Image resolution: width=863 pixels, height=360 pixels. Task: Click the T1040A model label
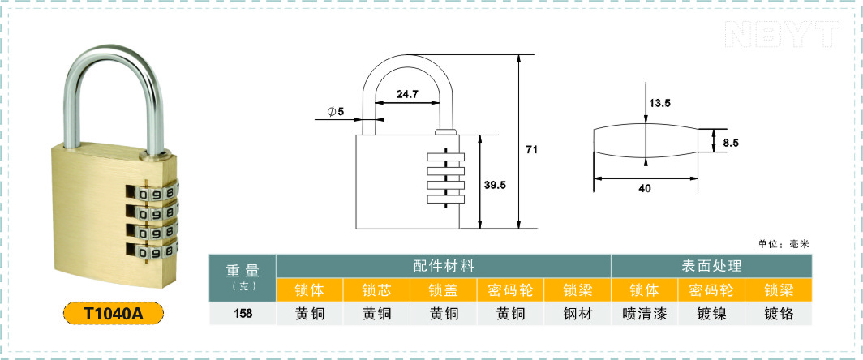tap(114, 313)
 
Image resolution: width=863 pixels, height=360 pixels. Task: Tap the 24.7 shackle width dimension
tap(408, 94)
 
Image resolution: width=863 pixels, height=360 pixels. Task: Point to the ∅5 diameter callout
tap(335, 112)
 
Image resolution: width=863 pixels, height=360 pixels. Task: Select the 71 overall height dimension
tap(531, 149)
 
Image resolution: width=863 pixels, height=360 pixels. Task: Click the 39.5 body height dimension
tap(495, 185)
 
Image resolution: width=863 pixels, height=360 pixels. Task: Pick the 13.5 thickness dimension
tap(660, 103)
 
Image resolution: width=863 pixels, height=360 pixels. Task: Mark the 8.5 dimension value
tap(731, 144)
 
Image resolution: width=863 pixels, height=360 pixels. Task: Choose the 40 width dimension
tap(645, 188)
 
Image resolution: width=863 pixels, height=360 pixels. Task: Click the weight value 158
tap(243, 315)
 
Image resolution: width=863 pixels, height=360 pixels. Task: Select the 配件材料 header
tap(444, 266)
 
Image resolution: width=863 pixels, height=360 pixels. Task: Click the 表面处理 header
tap(711, 266)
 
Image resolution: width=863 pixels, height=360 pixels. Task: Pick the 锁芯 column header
tap(376, 289)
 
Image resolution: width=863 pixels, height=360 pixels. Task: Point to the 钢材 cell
tap(577, 315)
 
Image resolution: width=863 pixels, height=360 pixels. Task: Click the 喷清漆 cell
tap(645, 315)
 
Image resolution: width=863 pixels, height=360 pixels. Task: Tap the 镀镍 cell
tap(711, 315)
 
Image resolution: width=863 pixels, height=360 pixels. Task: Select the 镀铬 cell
tap(779, 315)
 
